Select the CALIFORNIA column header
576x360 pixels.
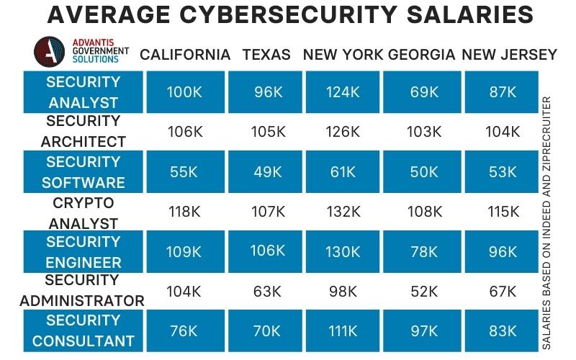pyautogui.click(x=185, y=55)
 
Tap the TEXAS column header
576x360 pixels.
pyautogui.click(x=266, y=55)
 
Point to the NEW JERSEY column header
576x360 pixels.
pyautogui.click(x=509, y=55)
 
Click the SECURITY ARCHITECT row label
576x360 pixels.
pyautogui.click(x=83, y=131)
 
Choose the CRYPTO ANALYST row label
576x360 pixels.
pyautogui.click(x=83, y=213)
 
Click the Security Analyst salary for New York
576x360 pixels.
pyautogui.click(x=342, y=92)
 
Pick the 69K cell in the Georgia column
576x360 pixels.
pyautogui.click(x=423, y=92)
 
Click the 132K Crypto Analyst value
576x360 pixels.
pyautogui.click(x=342, y=212)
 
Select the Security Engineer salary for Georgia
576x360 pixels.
pyautogui.click(x=423, y=252)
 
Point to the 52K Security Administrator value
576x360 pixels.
pyautogui.click(x=423, y=292)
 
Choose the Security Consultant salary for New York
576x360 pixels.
pyautogui.click(x=342, y=331)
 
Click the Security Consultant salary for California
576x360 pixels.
pyautogui.click(x=184, y=331)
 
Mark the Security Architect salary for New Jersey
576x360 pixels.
pyautogui.click(x=502, y=132)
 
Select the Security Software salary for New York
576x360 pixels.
pyautogui.click(x=342, y=172)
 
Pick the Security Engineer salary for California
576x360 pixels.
pyautogui.click(x=184, y=252)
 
